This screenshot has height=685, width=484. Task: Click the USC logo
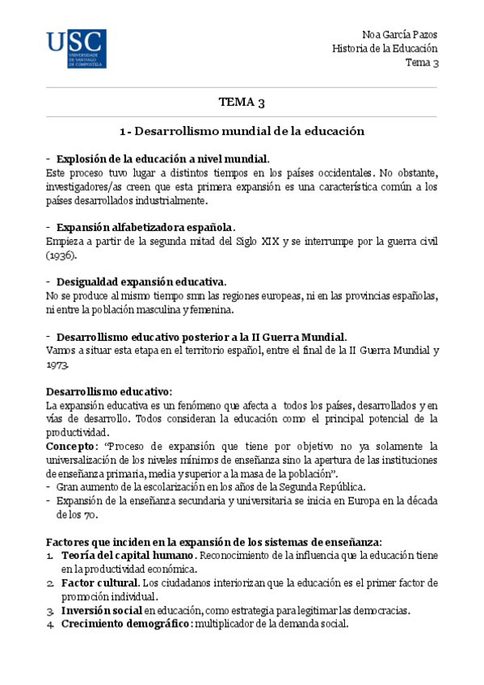(75, 48)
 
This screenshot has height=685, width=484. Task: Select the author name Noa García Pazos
(402, 35)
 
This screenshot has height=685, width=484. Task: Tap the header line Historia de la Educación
(385, 48)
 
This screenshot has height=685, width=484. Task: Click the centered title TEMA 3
(242, 103)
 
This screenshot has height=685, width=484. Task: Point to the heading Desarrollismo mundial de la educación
(242, 131)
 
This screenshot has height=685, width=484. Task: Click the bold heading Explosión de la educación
(162, 158)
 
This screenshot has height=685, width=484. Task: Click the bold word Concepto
(70, 447)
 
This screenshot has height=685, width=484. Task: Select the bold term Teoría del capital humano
(126, 556)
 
